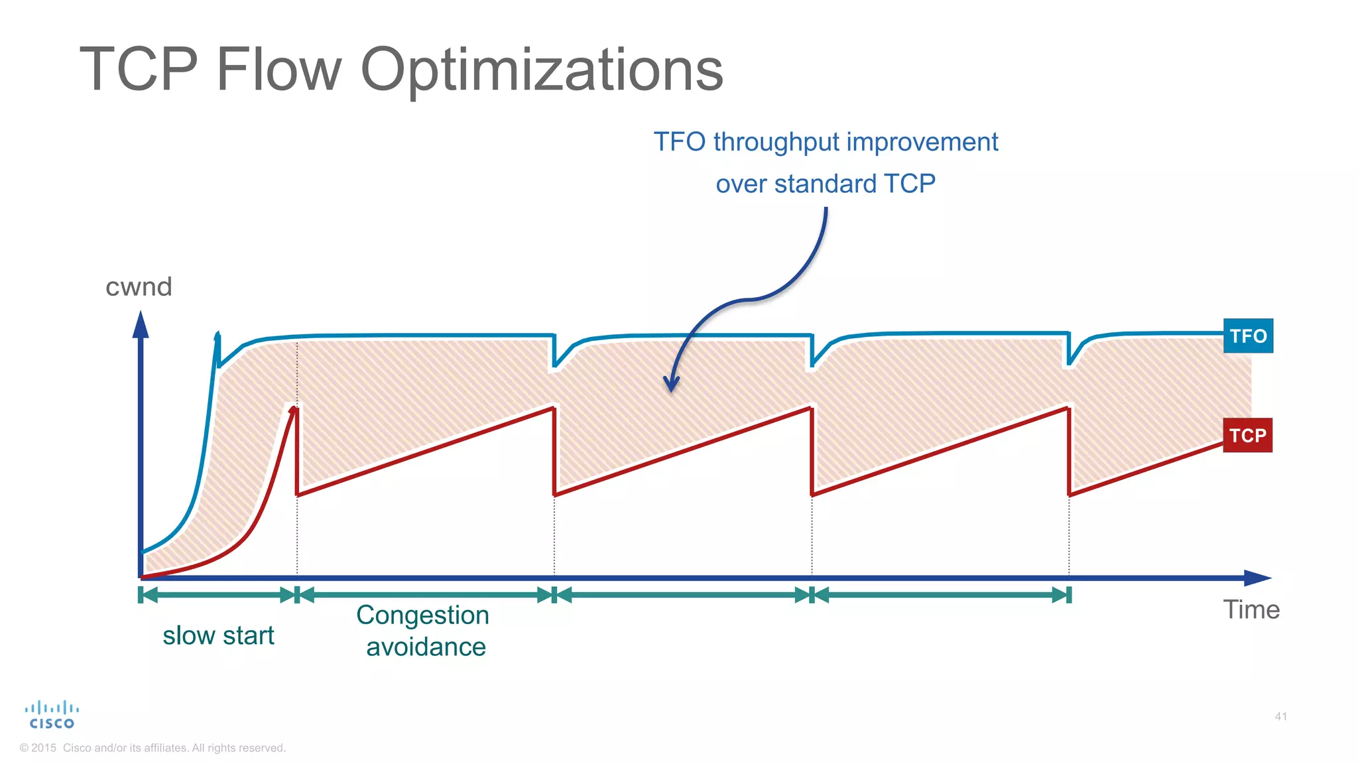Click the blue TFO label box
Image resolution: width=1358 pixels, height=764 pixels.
point(1248,336)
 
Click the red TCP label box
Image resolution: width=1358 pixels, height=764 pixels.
point(1247,436)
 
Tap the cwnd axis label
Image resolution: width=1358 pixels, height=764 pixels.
point(139,286)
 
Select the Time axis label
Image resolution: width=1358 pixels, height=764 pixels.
point(1251,609)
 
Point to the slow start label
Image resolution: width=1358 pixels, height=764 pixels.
point(218,635)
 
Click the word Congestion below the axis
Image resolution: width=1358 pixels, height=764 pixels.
point(422,615)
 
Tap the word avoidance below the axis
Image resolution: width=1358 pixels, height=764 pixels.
point(426,647)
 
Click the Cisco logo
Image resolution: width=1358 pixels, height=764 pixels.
point(52,715)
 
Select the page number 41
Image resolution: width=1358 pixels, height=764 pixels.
point(1280,716)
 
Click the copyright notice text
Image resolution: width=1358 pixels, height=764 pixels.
point(153,748)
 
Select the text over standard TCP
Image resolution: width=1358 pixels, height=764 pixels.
point(825,184)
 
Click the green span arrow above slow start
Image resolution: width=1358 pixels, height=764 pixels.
point(218,595)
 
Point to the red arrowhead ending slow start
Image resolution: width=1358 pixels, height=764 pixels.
point(292,411)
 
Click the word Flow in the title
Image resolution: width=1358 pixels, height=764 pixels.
point(278,69)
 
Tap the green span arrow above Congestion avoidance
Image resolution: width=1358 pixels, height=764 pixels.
point(425,595)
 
